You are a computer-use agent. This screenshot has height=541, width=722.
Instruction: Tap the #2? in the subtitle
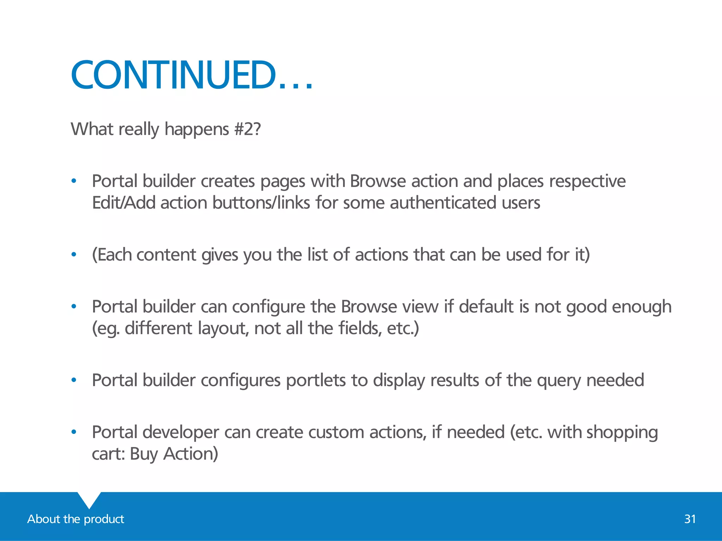(x=247, y=129)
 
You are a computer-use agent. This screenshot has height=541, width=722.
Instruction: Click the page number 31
(x=690, y=519)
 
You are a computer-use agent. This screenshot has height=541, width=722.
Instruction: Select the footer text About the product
(x=75, y=519)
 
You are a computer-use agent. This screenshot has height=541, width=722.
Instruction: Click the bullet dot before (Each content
(x=74, y=254)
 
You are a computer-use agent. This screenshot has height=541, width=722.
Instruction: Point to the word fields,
(x=360, y=328)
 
